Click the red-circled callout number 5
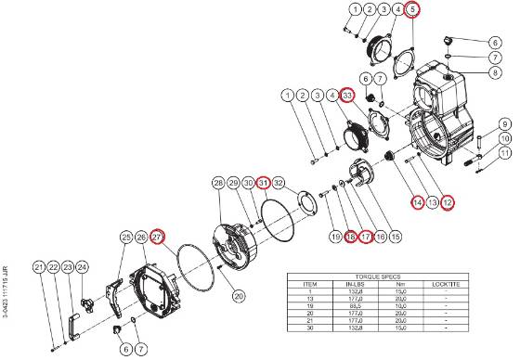click(x=412, y=10)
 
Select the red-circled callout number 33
click(x=347, y=96)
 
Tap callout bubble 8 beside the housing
click(x=496, y=72)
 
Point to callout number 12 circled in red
click(x=448, y=202)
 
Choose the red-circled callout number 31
click(x=264, y=182)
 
